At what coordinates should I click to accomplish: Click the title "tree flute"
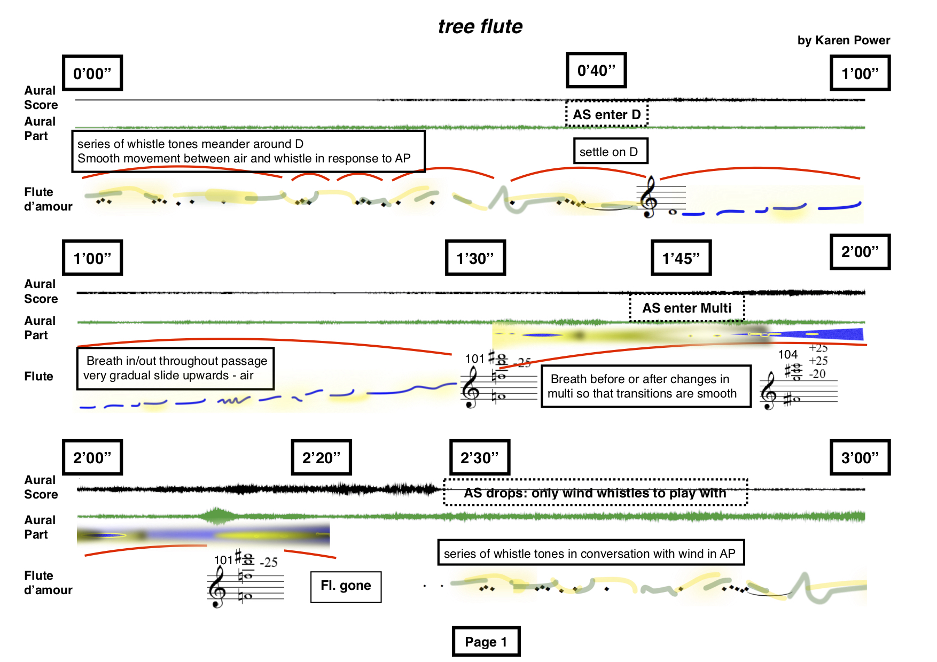(480, 27)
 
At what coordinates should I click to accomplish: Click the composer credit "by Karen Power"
(843, 41)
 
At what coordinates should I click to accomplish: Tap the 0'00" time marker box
(92, 73)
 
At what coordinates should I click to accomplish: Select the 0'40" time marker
(596, 71)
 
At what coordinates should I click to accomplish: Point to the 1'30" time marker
(475, 258)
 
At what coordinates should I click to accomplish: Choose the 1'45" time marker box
(681, 258)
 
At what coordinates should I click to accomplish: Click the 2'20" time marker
(321, 457)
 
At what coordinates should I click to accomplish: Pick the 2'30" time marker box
(480, 457)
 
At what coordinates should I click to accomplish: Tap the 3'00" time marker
(860, 457)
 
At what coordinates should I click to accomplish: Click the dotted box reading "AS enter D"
(606, 114)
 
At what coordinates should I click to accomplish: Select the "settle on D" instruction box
(609, 152)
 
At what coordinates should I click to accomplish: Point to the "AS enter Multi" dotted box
(686, 308)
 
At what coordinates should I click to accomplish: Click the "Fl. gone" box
(346, 586)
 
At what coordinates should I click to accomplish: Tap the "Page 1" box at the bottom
(486, 641)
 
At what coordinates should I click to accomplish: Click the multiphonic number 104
(787, 354)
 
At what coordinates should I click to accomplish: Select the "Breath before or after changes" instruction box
(646, 386)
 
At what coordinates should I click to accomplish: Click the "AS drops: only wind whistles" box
(595, 493)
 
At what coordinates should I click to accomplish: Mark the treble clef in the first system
(649, 197)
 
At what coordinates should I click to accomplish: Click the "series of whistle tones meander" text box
(248, 151)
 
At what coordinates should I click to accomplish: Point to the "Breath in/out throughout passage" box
(175, 368)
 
